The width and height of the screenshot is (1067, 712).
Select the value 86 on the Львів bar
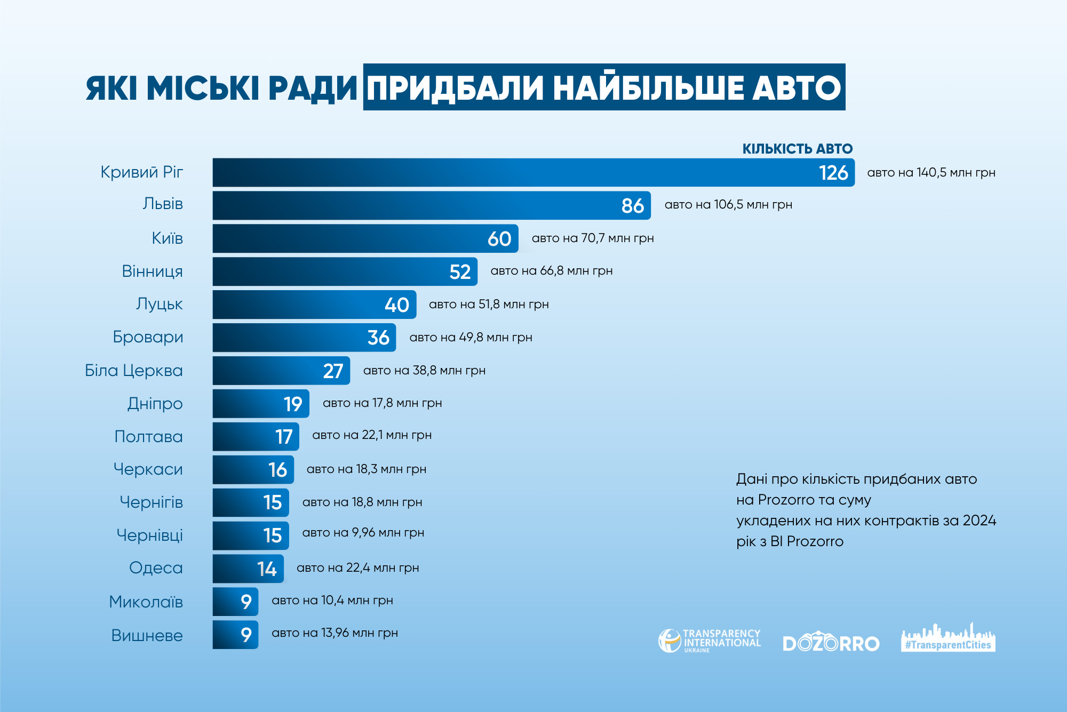pyautogui.click(x=633, y=206)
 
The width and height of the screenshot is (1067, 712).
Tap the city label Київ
pyautogui.click(x=167, y=238)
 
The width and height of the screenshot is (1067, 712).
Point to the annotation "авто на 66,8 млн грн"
pyautogui.click(x=551, y=271)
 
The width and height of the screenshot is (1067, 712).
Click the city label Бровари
pyautogui.click(x=148, y=337)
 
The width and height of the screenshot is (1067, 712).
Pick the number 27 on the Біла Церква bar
pyautogui.click(x=333, y=371)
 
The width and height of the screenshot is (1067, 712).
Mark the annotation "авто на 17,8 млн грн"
pyautogui.click(x=382, y=403)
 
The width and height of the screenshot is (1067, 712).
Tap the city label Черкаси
pyautogui.click(x=148, y=469)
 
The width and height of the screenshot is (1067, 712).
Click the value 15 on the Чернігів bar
pyautogui.click(x=273, y=503)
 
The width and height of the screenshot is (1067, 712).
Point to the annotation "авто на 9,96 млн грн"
pyautogui.click(x=363, y=533)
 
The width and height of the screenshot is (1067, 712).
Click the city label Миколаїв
pyautogui.click(x=146, y=602)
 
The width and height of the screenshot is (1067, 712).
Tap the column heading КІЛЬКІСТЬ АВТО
pyautogui.click(x=797, y=149)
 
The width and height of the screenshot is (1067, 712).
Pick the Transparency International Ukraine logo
pyautogui.click(x=710, y=641)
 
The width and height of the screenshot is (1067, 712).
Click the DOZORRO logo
pyautogui.click(x=831, y=643)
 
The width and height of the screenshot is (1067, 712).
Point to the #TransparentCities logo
pyautogui.click(x=948, y=638)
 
